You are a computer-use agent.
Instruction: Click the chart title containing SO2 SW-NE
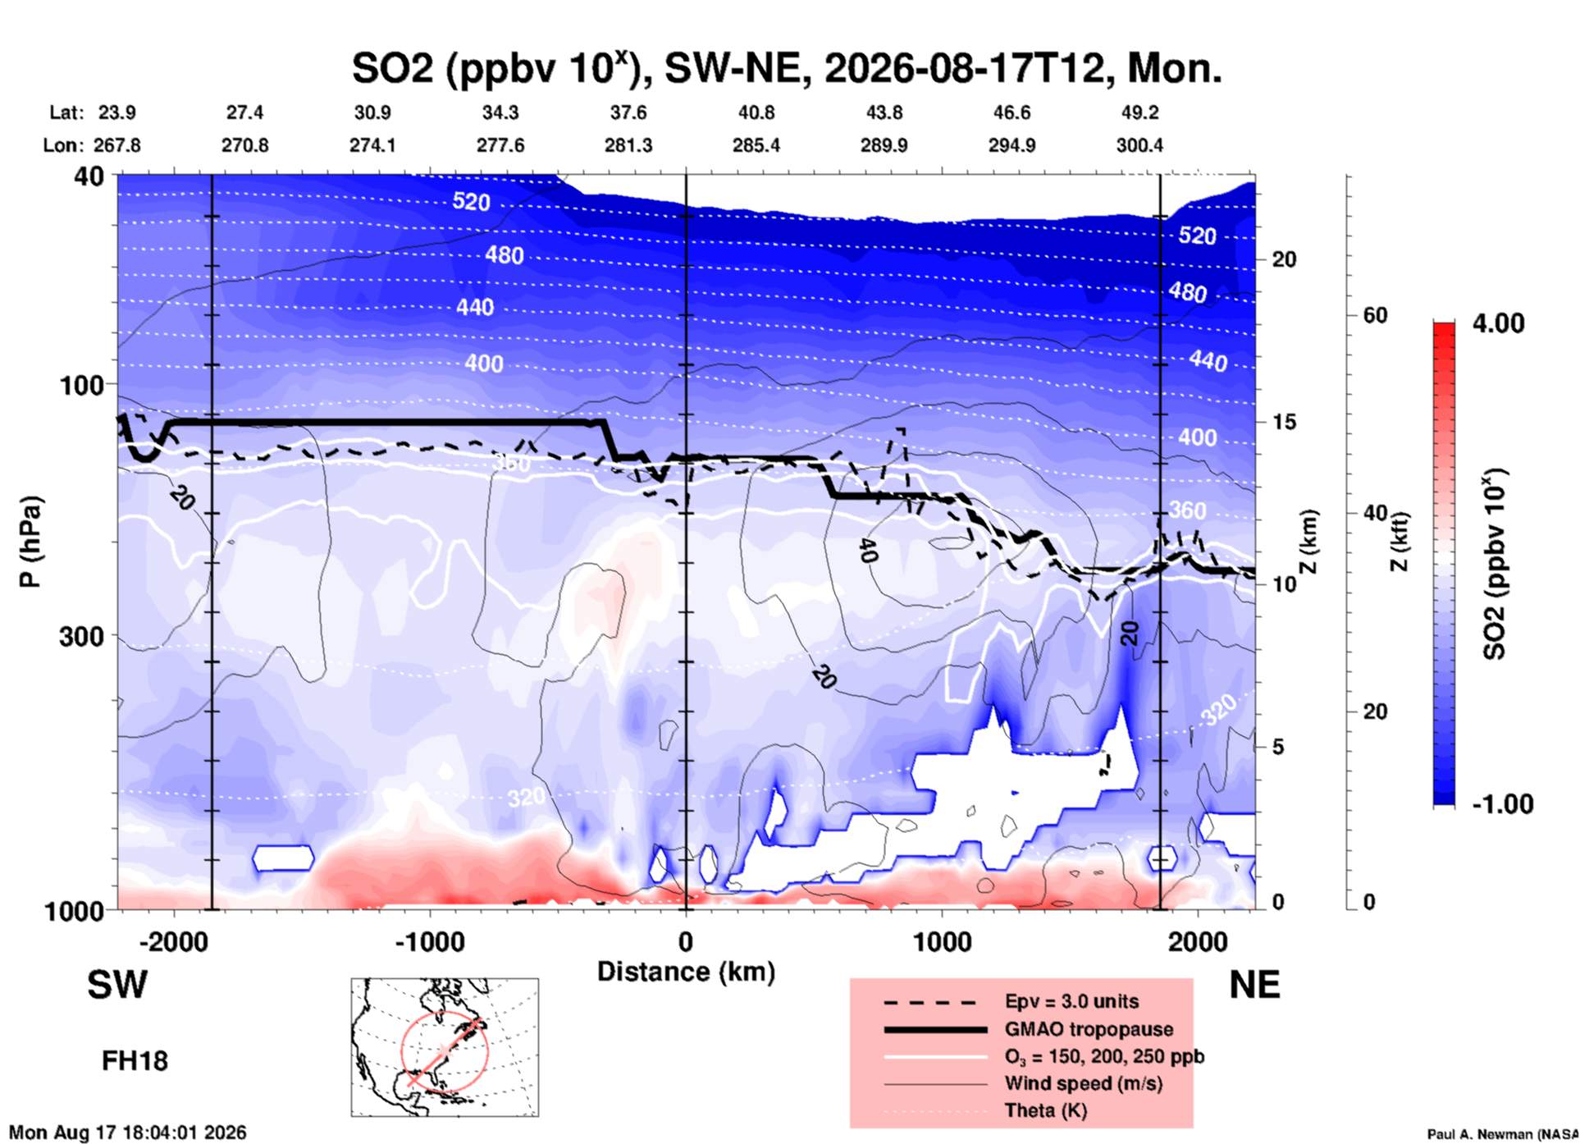pos(787,67)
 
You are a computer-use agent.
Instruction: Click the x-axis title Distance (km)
pos(686,972)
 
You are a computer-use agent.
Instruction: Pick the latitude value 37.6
pos(628,112)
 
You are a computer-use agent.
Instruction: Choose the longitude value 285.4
pos(756,145)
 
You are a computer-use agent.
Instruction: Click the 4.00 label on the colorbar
pos(1498,323)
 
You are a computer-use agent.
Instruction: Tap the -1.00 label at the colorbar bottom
pos(1502,803)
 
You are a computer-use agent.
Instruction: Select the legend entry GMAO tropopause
pos(1089,1029)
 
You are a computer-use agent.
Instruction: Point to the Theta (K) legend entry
pos(1046,1110)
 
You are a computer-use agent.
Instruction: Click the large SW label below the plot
pos(117,985)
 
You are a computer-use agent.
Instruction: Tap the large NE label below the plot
pos(1254,985)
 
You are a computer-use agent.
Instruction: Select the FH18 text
pos(135,1061)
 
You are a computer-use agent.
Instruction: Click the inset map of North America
pos(445,1047)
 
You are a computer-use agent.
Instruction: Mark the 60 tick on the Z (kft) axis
pos(1376,315)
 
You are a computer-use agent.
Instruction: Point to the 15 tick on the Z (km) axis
pos(1284,422)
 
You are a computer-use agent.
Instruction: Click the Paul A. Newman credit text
pos(1502,1134)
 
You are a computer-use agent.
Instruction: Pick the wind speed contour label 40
pos(868,551)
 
